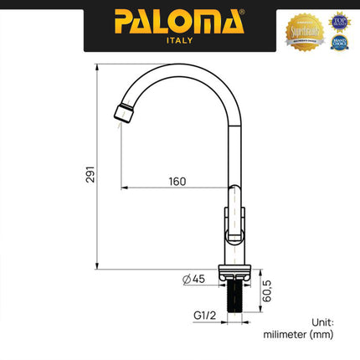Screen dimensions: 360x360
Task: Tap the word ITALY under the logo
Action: pos(179,39)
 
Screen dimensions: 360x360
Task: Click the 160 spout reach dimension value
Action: pos(176,182)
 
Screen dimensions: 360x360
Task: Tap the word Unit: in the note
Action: pos(321,321)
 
